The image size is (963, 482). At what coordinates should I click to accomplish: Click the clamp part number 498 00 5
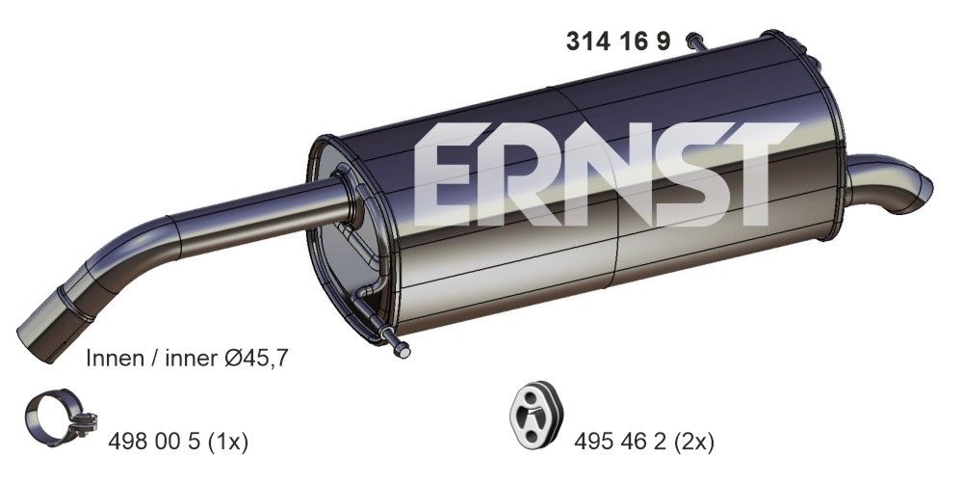click(153, 442)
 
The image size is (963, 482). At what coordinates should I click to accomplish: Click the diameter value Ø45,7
click(255, 358)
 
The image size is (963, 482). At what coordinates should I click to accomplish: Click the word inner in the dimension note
click(194, 358)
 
